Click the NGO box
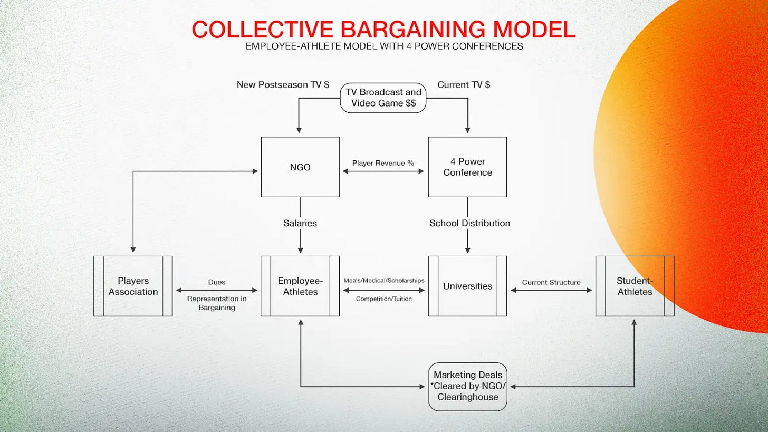pyautogui.click(x=300, y=167)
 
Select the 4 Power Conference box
pyautogui.click(x=467, y=167)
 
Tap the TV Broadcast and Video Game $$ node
pyautogui.click(x=383, y=98)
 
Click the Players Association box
pyautogui.click(x=133, y=286)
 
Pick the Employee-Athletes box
pyautogui.click(x=300, y=286)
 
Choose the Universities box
pyautogui.click(x=467, y=286)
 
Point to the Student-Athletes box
pyautogui.click(x=635, y=286)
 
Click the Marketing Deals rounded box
pyautogui.click(x=467, y=386)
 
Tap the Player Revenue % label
pyautogui.click(x=383, y=163)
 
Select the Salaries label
pyautogui.click(x=300, y=223)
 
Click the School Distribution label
pyautogui.click(x=469, y=223)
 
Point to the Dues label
pyautogui.click(x=216, y=282)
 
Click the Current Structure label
pyautogui.click(x=551, y=282)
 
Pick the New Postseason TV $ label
pyautogui.click(x=283, y=84)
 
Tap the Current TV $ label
pyautogui.click(x=464, y=84)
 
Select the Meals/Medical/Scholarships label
pyautogui.click(x=383, y=280)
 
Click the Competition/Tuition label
pyautogui.click(x=383, y=299)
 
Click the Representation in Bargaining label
pyautogui.click(x=216, y=303)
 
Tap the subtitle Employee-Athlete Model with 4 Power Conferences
pyautogui.click(x=384, y=46)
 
